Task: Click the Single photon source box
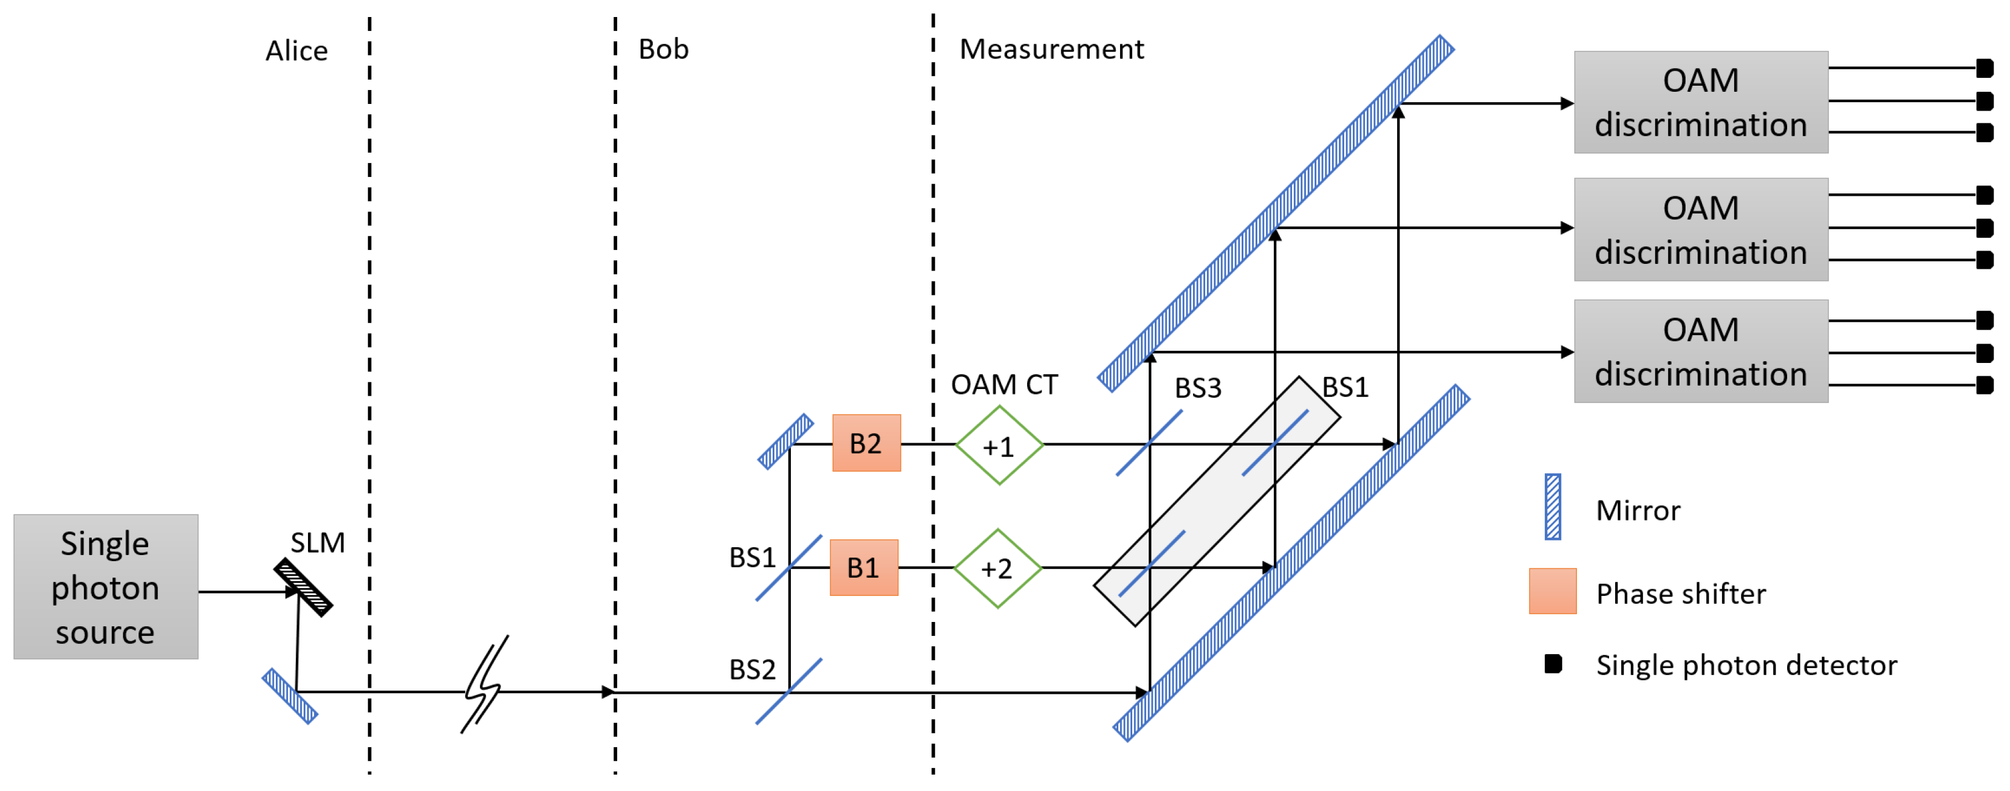click(105, 587)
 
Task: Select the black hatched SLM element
click(304, 587)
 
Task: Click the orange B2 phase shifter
click(866, 443)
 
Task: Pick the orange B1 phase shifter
click(864, 568)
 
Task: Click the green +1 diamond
click(999, 445)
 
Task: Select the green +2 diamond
click(997, 568)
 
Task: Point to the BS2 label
click(751, 669)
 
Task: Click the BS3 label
click(1198, 388)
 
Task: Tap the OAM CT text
click(1003, 384)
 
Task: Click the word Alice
click(296, 50)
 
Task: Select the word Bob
click(663, 49)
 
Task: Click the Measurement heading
click(1051, 49)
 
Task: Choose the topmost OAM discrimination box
click(1700, 102)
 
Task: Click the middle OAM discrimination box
click(1700, 230)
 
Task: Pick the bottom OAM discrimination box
click(1700, 351)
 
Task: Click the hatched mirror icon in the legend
click(1553, 507)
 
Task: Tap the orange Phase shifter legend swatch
click(1552, 591)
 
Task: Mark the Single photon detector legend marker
click(1553, 664)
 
